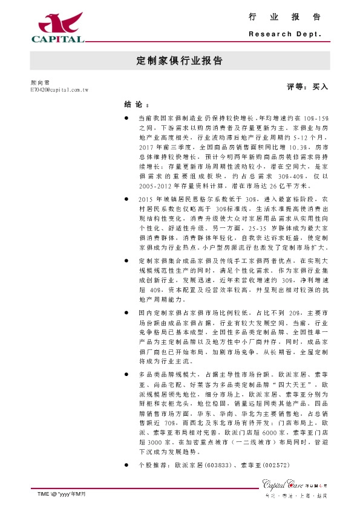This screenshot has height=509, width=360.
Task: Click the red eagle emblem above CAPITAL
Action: tap(58, 23)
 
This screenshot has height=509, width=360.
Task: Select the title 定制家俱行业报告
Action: tap(179, 61)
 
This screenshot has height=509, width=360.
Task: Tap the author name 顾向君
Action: tap(40, 82)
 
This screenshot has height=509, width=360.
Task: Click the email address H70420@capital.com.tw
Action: tap(59, 89)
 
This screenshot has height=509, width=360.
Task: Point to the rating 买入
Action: tap(319, 87)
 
